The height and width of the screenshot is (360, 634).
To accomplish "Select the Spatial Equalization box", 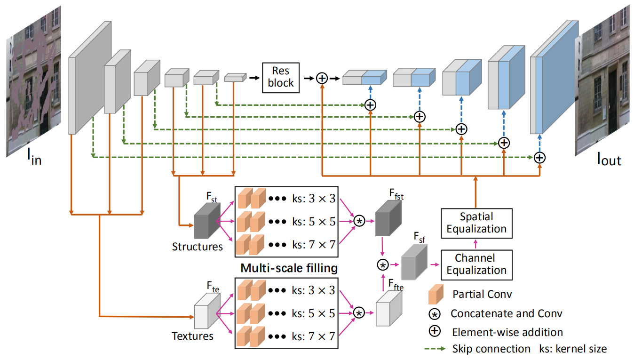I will (476, 223).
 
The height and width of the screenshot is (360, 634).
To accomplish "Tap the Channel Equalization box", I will (476, 264).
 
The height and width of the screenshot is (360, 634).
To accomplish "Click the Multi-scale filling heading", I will (289, 268).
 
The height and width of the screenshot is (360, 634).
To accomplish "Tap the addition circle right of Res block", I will (322, 78).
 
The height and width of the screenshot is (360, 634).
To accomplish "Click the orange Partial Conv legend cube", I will (435, 295).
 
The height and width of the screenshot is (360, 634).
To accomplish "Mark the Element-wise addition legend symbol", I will (435, 331).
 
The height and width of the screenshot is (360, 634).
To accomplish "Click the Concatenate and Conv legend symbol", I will (435, 313).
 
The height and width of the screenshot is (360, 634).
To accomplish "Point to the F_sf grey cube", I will (414, 264).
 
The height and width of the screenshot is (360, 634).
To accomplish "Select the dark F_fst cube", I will (388, 217).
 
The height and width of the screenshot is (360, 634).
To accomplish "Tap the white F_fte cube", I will (388, 308).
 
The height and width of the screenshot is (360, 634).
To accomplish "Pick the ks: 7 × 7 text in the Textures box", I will (313, 336).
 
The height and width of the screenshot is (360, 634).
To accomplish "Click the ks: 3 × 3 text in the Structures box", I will (313, 199).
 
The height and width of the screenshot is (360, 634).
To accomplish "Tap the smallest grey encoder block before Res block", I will (235, 78).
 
